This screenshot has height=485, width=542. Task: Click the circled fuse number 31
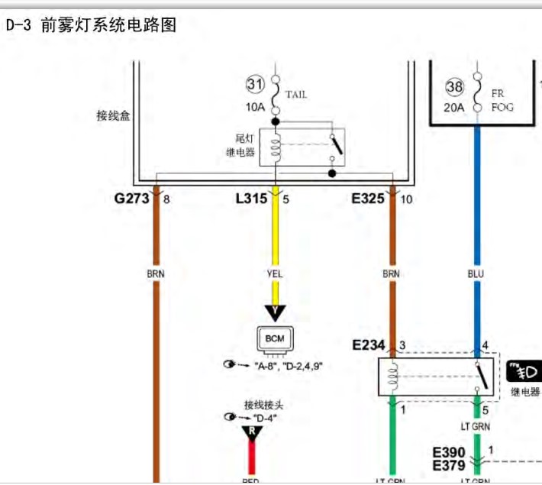pos(254,84)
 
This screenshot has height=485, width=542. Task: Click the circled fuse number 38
pos(455,88)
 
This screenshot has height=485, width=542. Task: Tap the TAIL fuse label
pos(296,95)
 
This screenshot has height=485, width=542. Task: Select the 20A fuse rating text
pos(454,108)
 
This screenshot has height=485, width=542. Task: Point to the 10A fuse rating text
pos(255,107)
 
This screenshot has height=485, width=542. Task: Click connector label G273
pos(131,199)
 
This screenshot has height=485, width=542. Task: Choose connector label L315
pos(251,199)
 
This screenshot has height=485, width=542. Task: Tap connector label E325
pos(369,199)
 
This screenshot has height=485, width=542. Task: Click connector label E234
pos(369,345)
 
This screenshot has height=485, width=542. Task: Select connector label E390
pos(449,453)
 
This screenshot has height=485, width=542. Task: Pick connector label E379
pos(449,465)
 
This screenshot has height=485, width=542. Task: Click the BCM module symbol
pos(273,338)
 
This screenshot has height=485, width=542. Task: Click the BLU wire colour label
pos(477,273)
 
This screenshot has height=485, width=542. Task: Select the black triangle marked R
pos(252,433)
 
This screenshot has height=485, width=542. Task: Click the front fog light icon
pos(523,372)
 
